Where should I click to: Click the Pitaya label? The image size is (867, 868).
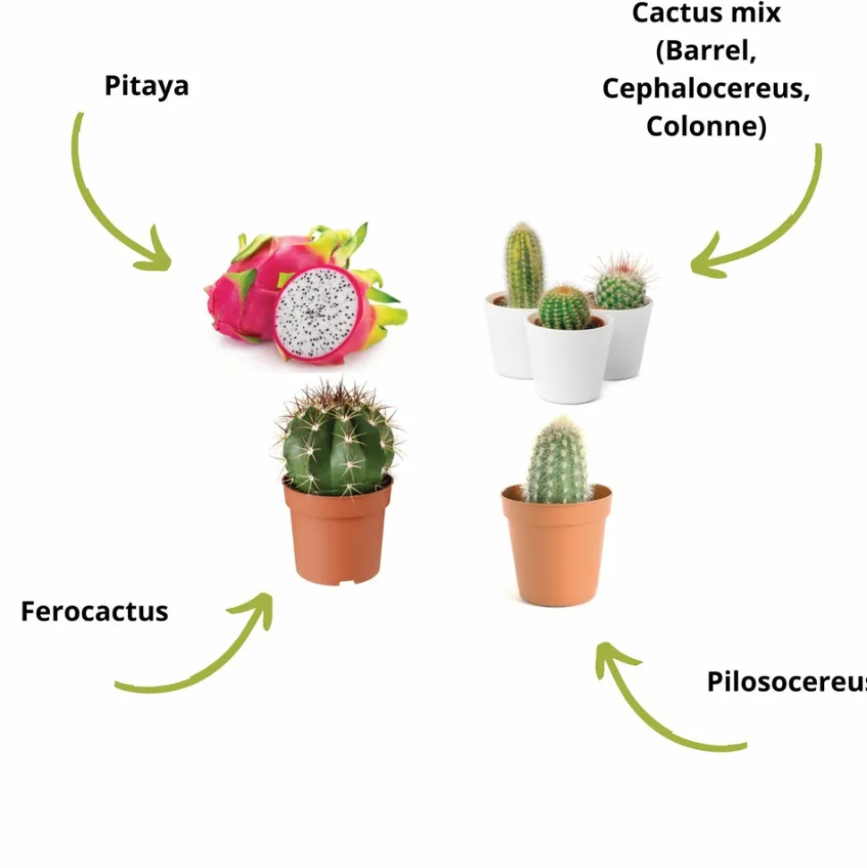[147, 87]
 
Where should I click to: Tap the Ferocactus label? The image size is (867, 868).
[95, 611]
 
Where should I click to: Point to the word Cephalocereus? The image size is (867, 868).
[705, 88]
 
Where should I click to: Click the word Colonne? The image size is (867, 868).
[705, 126]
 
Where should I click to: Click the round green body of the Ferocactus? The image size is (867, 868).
[338, 442]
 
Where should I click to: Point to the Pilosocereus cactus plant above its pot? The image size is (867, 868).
[559, 462]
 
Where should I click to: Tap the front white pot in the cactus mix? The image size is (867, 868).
[568, 362]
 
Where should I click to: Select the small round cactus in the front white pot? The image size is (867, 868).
[564, 307]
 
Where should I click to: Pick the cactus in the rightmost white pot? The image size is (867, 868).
[621, 284]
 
